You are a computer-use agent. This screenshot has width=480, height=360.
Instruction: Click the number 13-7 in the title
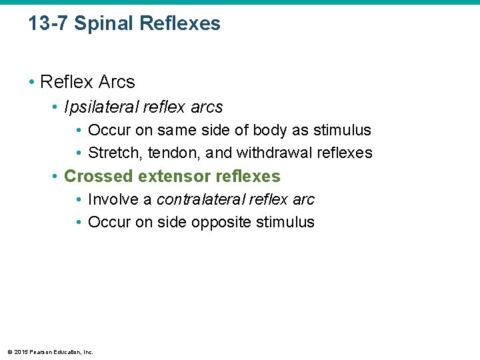point(49,24)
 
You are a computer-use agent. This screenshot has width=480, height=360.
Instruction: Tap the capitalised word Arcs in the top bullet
point(117,82)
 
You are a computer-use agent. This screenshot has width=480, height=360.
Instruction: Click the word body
point(270,130)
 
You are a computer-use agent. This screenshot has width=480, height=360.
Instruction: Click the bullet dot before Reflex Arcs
point(32,83)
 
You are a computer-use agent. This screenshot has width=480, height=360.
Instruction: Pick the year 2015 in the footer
point(20,352)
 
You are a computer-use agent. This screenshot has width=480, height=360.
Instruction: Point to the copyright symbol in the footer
point(9,352)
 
